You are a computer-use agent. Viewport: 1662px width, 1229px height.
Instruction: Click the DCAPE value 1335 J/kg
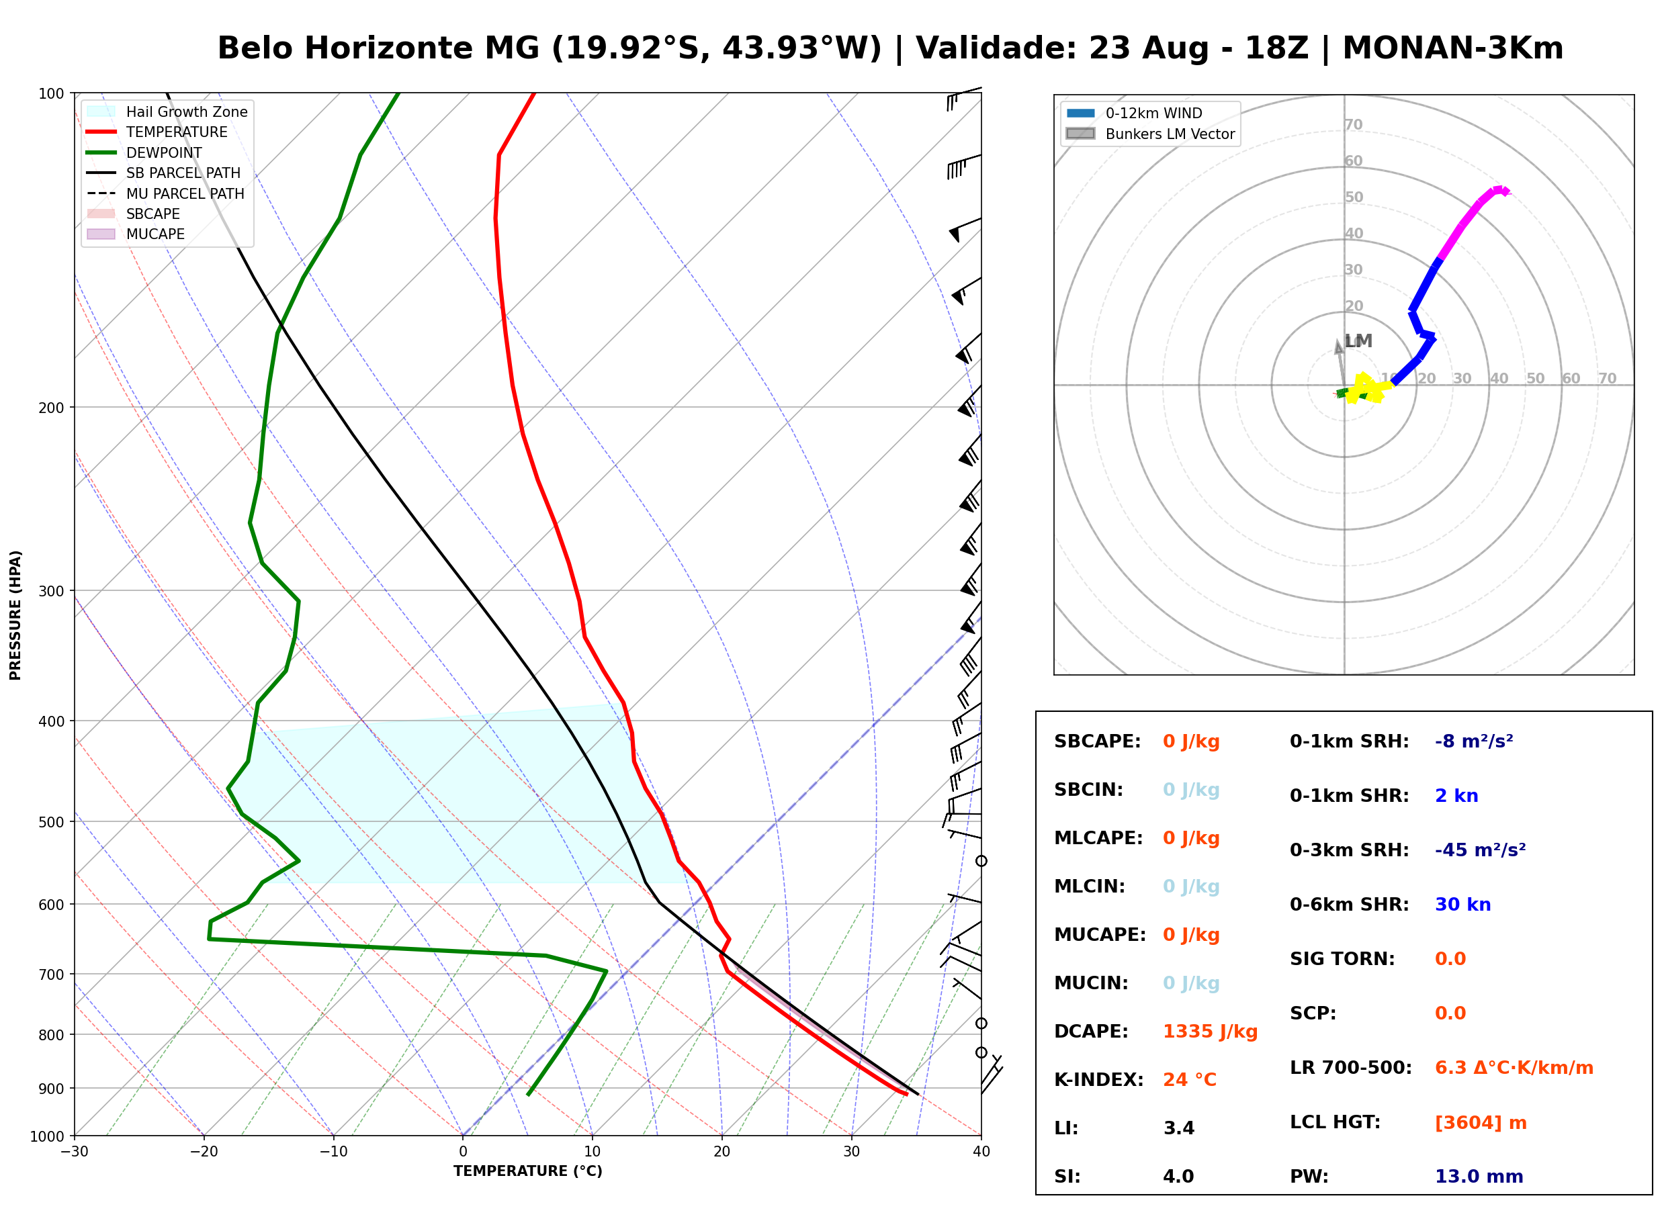tap(1210, 1032)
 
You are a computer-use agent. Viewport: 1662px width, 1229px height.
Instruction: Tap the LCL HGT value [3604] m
tap(1481, 1123)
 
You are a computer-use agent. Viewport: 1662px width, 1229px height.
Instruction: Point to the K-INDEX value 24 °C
tap(1190, 1080)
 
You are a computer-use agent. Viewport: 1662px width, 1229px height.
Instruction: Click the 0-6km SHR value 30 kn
tap(1462, 905)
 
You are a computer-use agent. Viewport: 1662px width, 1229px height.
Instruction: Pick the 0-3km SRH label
tap(1349, 850)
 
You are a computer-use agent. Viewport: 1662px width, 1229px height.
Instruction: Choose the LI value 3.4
tap(1178, 1128)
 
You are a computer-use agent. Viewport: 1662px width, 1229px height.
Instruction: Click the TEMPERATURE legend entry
tap(157, 132)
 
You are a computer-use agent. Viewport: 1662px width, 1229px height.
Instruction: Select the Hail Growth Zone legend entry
tap(167, 111)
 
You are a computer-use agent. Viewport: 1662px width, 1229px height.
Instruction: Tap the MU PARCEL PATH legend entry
tap(165, 193)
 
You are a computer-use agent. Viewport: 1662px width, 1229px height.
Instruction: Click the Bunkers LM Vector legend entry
tap(1150, 134)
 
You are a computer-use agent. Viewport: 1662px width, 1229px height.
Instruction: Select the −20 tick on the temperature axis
tap(204, 1152)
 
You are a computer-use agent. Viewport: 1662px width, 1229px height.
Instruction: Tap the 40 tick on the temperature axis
tap(981, 1152)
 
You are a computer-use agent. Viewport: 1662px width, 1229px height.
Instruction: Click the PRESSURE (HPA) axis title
tap(15, 615)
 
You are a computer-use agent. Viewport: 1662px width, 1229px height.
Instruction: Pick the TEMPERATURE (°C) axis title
tap(527, 1171)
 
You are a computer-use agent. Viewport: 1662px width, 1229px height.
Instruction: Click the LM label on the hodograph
tap(1358, 341)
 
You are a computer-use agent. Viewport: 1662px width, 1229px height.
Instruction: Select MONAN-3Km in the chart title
tap(1452, 48)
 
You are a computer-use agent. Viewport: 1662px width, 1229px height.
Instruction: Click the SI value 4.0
tap(1178, 1177)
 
